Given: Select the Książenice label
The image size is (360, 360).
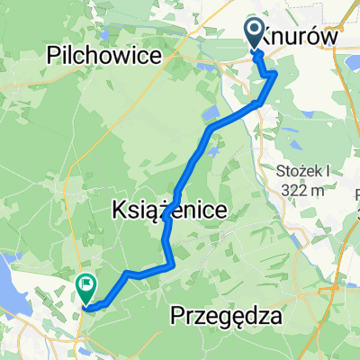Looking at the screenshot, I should click(x=168, y=210).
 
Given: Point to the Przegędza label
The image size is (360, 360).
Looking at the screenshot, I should click(x=225, y=317).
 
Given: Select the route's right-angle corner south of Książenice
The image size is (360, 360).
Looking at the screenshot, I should click(x=171, y=264).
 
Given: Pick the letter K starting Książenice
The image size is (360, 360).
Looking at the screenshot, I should click(x=118, y=210).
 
